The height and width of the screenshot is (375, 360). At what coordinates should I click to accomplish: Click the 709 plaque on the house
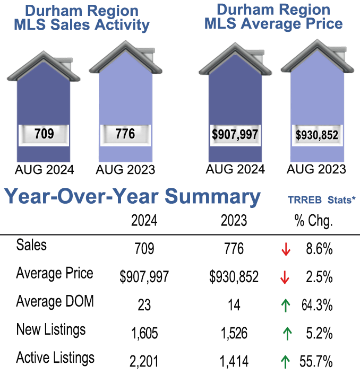[x=44, y=134]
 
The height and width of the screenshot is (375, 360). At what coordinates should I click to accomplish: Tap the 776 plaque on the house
[x=125, y=134]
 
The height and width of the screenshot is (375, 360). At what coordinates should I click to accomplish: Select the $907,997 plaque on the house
[x=235, y=134]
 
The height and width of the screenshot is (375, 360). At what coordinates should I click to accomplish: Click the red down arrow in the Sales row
[x=286, y=249]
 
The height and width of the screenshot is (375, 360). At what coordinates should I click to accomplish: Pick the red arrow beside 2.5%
[x=286, y=277]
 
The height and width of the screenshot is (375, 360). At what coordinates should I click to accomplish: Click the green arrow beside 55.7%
[x=286, y=362]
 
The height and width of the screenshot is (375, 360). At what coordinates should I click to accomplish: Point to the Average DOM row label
[x=55, y=302]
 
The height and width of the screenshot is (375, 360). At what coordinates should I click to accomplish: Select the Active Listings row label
[x=55, y=358]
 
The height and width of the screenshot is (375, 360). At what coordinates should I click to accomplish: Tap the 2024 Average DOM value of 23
[x=144, y=306]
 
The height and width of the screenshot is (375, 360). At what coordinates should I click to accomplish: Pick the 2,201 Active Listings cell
[x=144, y=362]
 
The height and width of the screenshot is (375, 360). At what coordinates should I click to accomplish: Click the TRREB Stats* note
[x=321, y=200]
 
